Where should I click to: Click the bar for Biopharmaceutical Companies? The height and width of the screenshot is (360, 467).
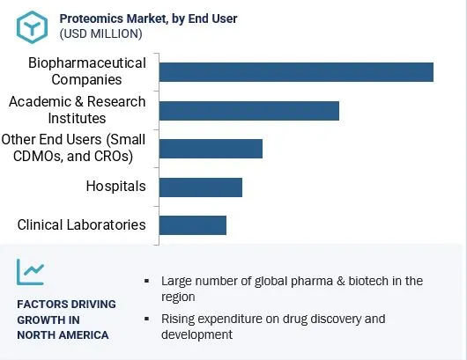tap(296, 72)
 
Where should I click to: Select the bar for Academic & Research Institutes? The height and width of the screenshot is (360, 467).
tap(249, 110)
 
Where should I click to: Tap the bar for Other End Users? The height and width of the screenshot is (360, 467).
tap(211, 148)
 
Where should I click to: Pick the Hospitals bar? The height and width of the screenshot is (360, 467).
tap(201, 187)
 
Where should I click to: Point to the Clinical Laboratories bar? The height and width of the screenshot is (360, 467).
tap(193, 224)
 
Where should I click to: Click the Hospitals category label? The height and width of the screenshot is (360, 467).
tap(115, 187)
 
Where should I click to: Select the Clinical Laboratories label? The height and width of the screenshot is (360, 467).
tap(81, 224)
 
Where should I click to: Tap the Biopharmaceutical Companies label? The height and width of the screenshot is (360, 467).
tap(86, 72)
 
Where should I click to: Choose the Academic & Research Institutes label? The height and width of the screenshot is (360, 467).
tap(77, 110)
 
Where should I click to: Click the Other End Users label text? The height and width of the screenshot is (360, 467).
tap(74, 148)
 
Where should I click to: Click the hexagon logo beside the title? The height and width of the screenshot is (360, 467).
tap(31, 26)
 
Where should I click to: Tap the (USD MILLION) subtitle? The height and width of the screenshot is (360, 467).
tap(100, 33)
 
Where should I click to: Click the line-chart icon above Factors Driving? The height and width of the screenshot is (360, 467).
tap(31, 272)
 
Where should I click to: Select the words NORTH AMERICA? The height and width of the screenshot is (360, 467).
tap(63, 334)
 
